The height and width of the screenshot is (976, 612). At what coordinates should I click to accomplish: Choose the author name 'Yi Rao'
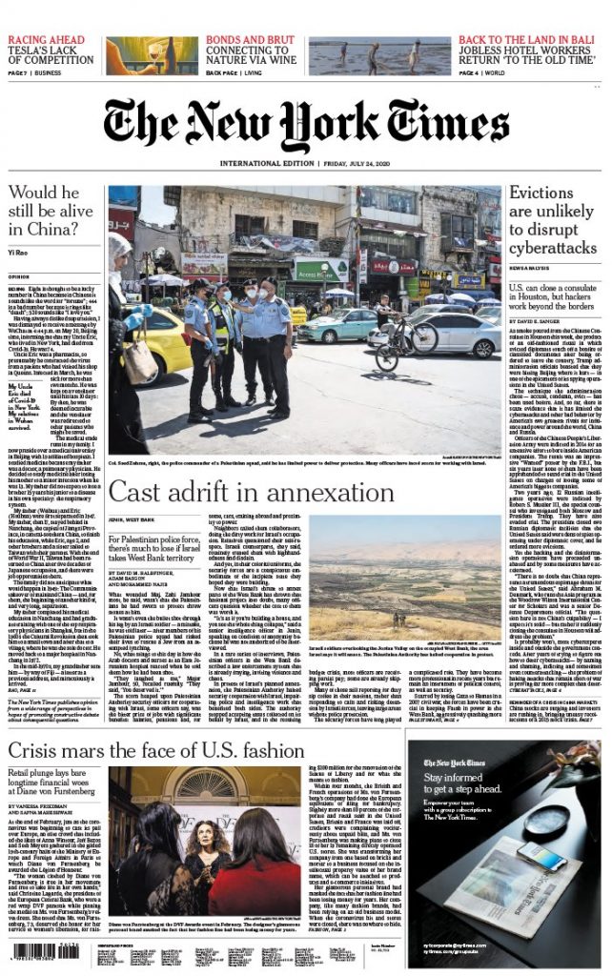click(x=20, y=253)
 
